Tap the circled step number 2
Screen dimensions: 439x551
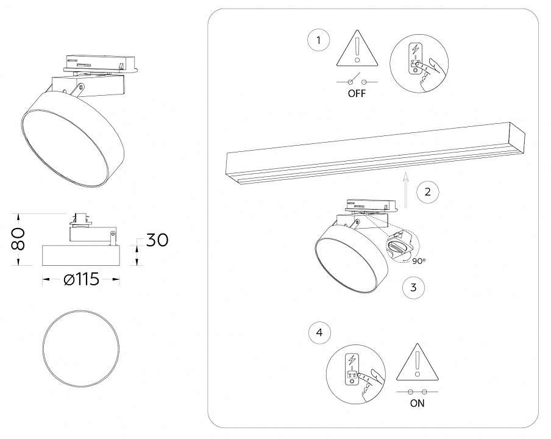tap(428, 191)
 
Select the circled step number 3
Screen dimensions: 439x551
tap(413, 287)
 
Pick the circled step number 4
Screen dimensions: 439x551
tap(320, 333)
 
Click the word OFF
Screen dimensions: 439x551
tap(357, 95)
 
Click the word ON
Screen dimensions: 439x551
tap(418, 403)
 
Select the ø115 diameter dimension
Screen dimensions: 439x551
tap(81, 280)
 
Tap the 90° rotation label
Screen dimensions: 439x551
tap(419, 261)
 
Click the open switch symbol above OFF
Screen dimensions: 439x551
tap(357, 81)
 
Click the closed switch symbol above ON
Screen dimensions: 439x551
tap(418, 390)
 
